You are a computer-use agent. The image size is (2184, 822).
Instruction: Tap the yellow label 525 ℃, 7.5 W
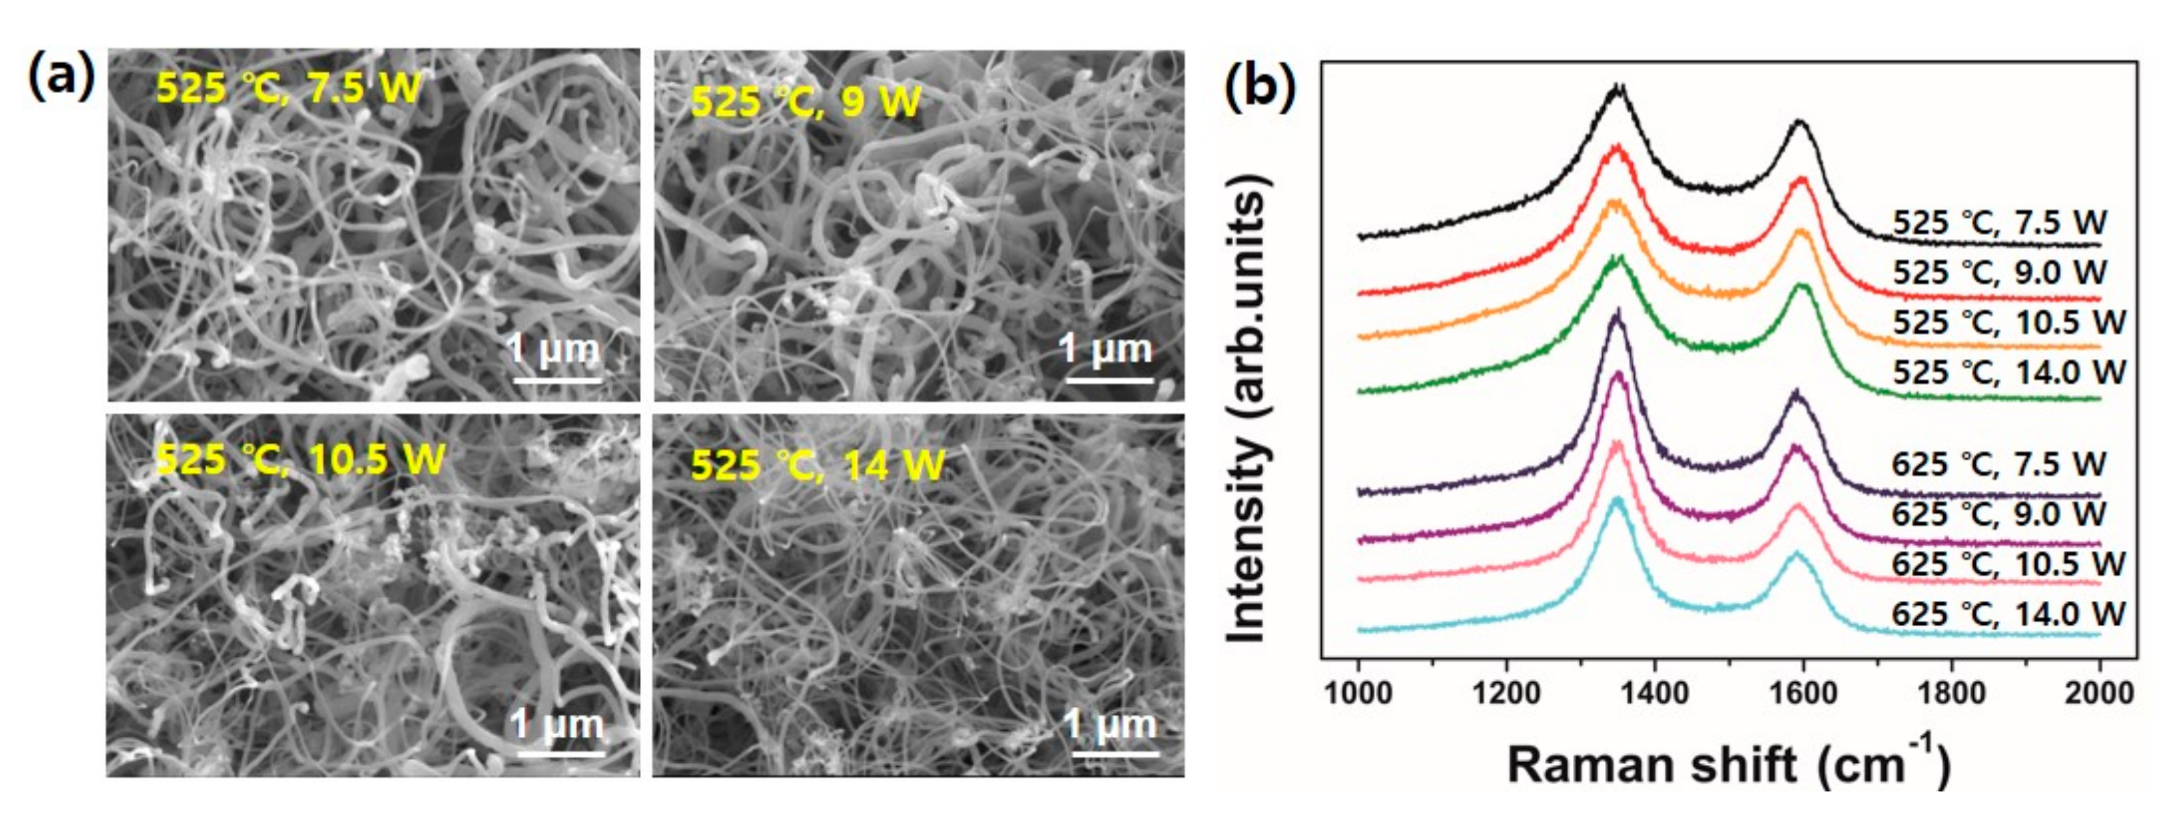click(x=288, y=87)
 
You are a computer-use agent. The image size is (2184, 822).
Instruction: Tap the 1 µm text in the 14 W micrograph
click(x=1110, y=724)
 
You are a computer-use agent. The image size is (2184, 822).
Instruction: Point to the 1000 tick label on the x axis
click(x=1358, y=693)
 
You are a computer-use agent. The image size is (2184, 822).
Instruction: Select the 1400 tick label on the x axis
click(x=1654, y=693)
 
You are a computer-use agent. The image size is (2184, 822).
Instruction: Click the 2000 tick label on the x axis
click(x=2099, y=693)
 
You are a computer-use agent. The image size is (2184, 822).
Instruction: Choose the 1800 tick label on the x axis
click(x=1951, y=693)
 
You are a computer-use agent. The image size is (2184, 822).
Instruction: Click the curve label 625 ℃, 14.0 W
click(x=2008, y=613)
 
